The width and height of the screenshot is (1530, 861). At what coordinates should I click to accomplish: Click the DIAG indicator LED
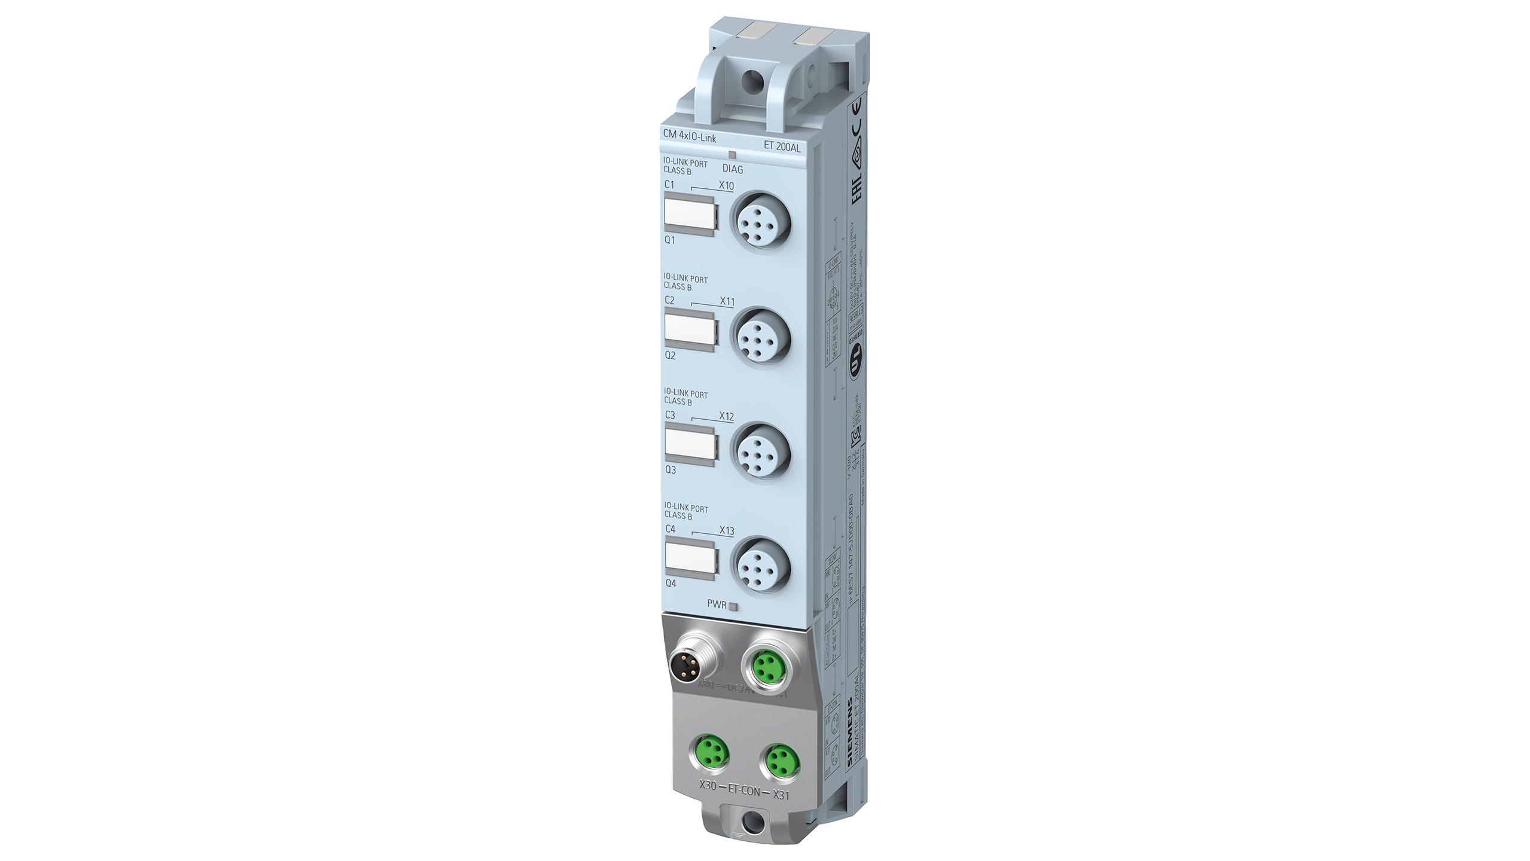click(732, 154)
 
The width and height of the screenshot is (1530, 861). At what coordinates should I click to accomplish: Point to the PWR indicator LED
click(735, 607)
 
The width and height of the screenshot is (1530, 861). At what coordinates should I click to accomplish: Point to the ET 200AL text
click(782, 146)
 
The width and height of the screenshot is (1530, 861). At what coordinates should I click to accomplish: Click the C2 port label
click(670, 301)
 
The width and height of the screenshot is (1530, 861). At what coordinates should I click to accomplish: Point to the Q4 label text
click(671, 583)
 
